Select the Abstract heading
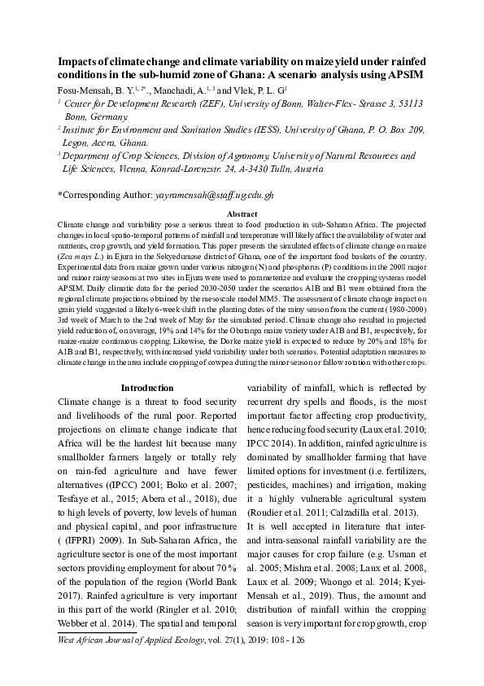coord(242,213)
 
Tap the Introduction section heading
coord(146,388)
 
